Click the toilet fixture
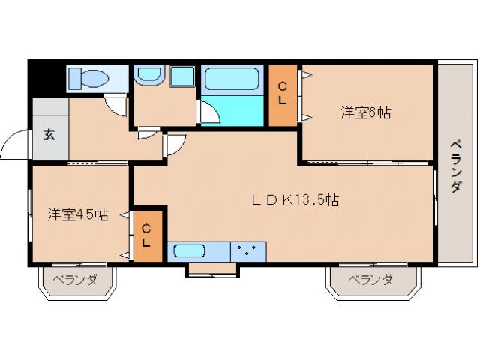(89, 77)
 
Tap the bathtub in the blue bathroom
(232, 79)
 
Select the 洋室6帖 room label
(366, 112)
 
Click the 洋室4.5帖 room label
(78, 214)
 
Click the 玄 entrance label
(49, 135)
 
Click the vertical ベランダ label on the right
(455, 166)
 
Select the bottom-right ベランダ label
(370, 280)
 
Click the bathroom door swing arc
(210, 112)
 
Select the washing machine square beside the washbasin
(181, 76)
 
